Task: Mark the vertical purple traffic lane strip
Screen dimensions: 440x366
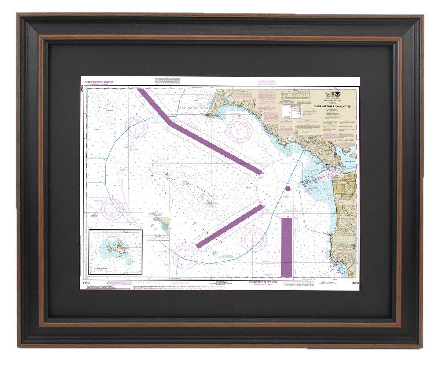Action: (x=286, y=247)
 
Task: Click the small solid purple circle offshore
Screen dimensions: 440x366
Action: (x=287, y=189)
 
